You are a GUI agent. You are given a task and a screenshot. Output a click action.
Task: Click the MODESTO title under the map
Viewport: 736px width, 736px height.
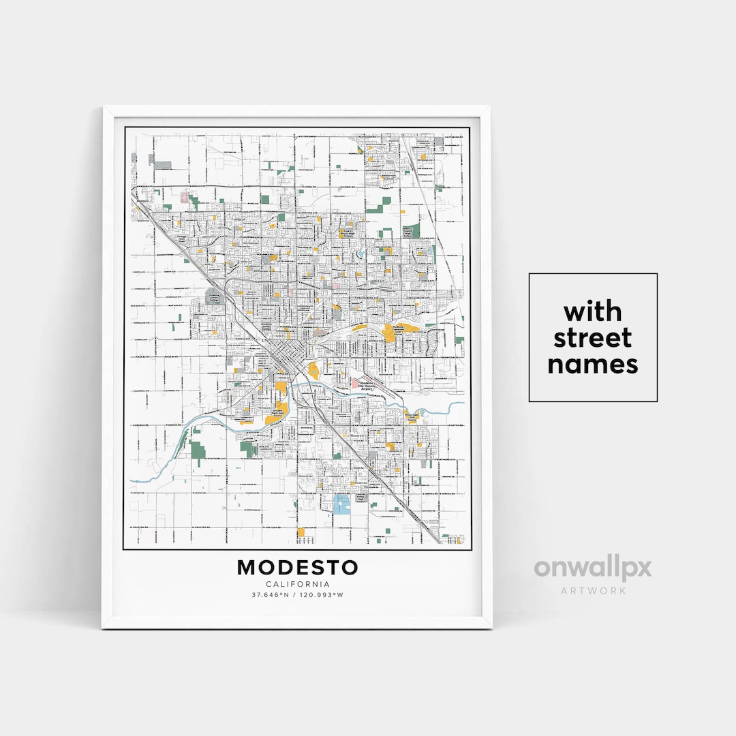(297, 567)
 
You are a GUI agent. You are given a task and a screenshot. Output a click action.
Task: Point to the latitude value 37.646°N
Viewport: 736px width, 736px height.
(270, 595)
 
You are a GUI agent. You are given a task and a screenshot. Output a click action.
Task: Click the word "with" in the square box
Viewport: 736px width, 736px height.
(593, 312)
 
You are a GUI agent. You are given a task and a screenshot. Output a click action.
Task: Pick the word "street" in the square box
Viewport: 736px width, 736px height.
(593, 338)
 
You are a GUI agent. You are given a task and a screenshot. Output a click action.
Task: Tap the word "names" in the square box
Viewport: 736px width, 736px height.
(593, 364)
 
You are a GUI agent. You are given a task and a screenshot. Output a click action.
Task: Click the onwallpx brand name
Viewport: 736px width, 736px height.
(593, 568)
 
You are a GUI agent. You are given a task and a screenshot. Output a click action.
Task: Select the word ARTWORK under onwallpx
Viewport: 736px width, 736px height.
(593, 590)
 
